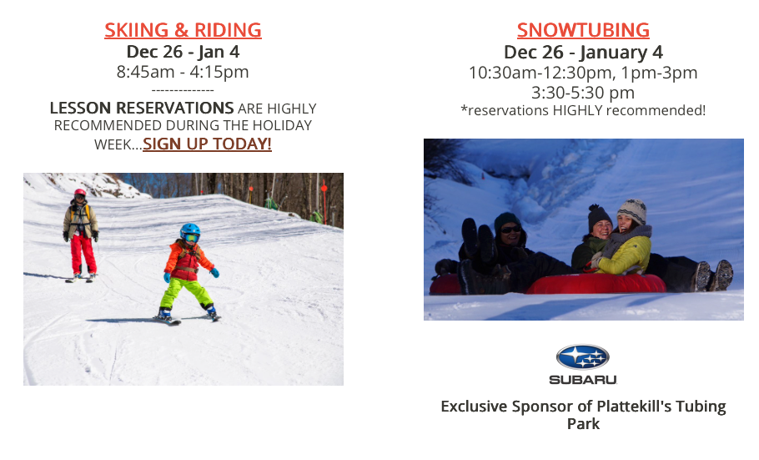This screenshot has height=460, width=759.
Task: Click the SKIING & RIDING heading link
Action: [183, 30]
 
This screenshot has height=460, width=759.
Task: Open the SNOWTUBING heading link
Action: [583, 30]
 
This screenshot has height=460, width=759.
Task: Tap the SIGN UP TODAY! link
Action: [207, 144]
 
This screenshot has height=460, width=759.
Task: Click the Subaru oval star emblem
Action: [583, 357]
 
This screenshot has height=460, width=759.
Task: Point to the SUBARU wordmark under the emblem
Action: [583, 380]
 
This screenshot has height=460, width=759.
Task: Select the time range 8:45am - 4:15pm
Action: [183, 72]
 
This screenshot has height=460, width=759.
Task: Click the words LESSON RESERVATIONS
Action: [142, 108]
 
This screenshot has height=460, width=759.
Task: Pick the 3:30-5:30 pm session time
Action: [583, 92]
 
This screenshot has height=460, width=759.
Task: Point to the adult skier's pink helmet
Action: [80, 193]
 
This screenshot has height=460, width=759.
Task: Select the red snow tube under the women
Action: [596, 284]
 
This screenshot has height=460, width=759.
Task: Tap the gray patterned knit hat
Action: [631, 210]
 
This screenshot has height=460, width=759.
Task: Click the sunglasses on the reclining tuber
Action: [510, 230]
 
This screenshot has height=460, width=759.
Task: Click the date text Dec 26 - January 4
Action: [583, 52]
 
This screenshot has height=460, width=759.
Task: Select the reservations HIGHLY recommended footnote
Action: [583, 110]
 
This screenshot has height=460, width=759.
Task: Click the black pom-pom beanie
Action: [599, 217]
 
